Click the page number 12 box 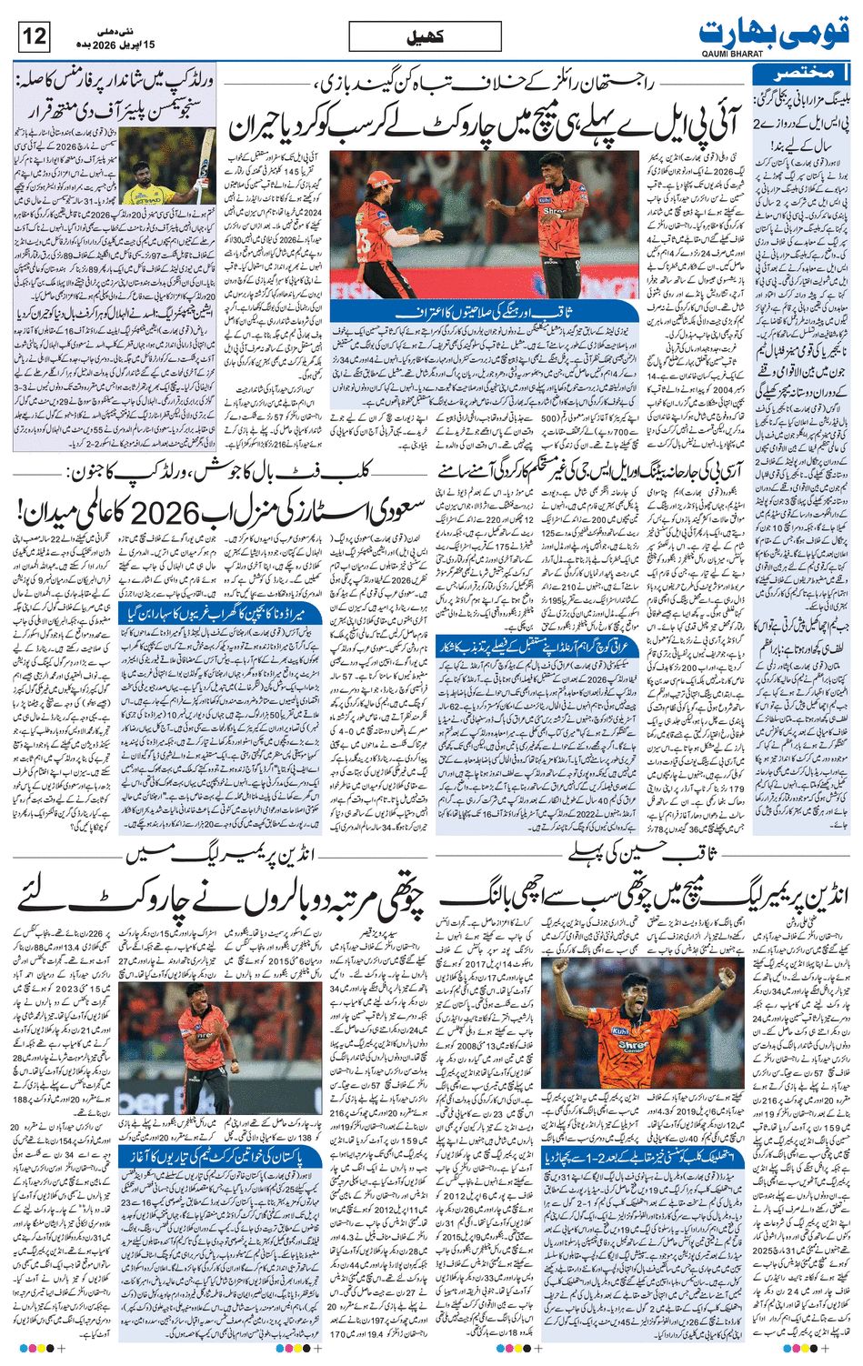click(x=34, y=37)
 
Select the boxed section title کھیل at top click(x=425, y=38)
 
